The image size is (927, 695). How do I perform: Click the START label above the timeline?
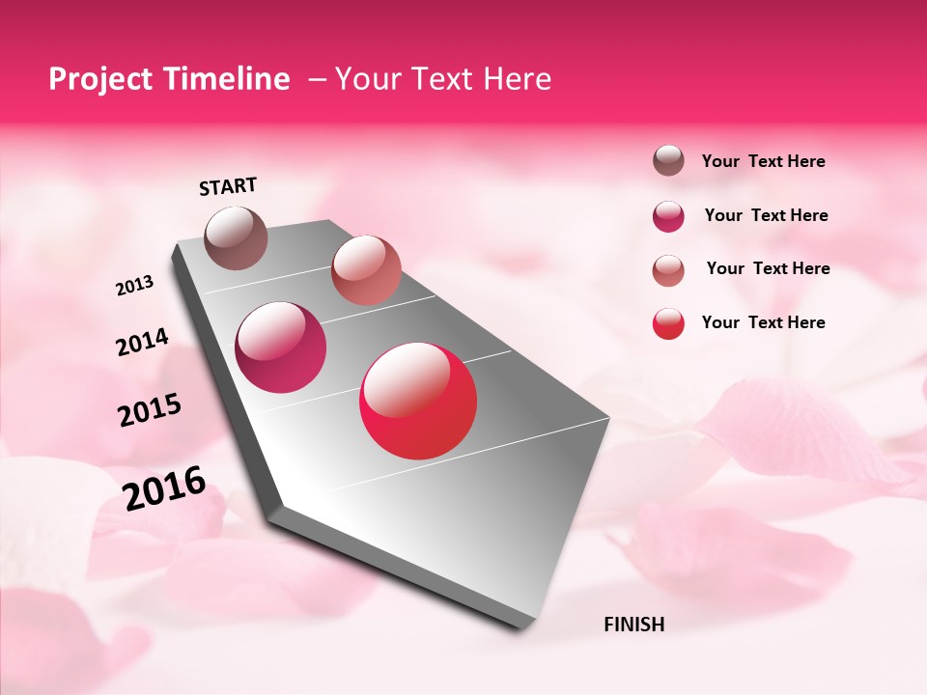coord(228,186)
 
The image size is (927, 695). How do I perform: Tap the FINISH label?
coord(633,625)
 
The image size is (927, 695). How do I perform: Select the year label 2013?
coord(135,286)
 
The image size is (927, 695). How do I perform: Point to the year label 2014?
coord(142,343)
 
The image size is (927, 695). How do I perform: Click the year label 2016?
coord(164,487)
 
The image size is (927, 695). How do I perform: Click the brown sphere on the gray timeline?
coord(236,237)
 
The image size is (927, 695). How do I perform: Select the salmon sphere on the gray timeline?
coord(366,270)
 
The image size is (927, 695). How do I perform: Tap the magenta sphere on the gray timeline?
coord(281,347)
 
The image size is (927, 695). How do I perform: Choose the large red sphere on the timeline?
coord(418,401)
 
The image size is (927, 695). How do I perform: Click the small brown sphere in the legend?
coord(668,161)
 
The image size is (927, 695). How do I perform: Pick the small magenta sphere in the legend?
coord(668,216)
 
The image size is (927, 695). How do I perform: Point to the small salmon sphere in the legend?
coord(668,270)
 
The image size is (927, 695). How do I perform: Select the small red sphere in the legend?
coord(668,323)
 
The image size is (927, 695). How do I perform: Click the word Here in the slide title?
coord(517,79)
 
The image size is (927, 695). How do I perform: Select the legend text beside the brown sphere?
coord(763,162)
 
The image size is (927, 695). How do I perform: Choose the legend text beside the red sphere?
coord(763,322)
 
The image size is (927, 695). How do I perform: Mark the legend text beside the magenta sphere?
coord(766,215)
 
